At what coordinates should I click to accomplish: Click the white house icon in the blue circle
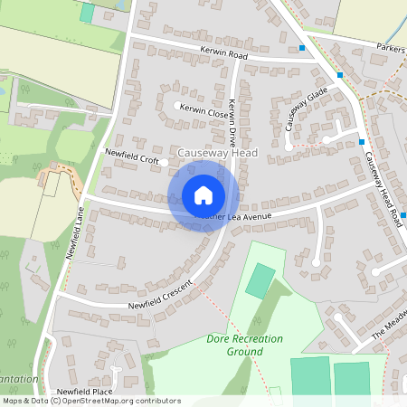(203, 195)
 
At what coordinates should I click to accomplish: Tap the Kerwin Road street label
(225, 55)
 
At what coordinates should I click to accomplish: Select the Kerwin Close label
(204, 114)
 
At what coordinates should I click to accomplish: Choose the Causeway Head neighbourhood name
(218, 154)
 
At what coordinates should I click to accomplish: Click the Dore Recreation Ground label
(244, 345)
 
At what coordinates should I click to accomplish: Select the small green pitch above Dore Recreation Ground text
(260, 280)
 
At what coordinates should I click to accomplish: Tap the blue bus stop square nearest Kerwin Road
(303, 47)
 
